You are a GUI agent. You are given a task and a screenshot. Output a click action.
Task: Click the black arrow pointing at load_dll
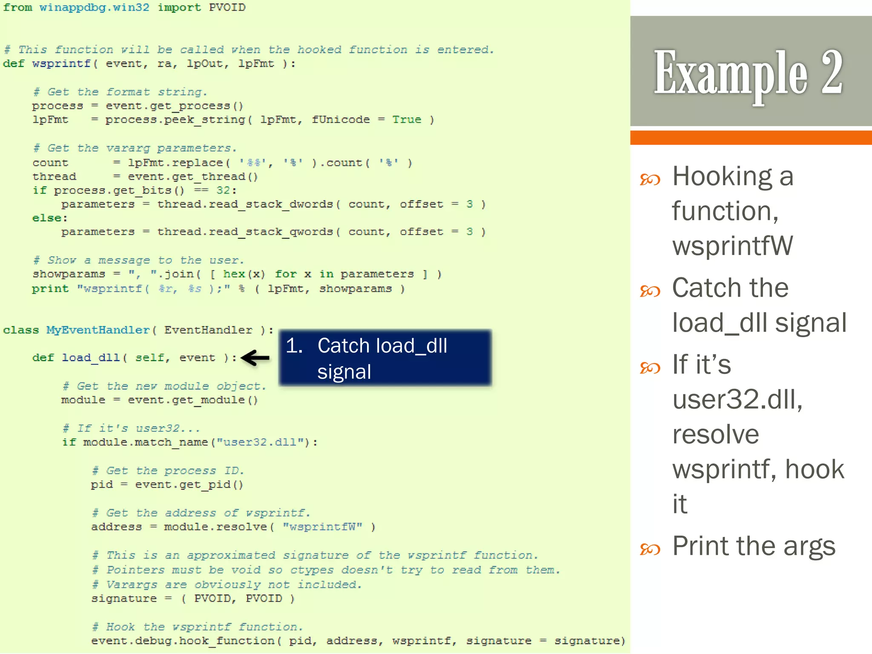point(255,358)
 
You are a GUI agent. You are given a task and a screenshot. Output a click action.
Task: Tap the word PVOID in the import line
point(227,8)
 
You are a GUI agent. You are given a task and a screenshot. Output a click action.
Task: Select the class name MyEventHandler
point(98,330)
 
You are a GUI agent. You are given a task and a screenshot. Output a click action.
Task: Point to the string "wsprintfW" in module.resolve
point(323,527)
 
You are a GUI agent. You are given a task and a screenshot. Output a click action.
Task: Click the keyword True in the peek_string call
point(407,120)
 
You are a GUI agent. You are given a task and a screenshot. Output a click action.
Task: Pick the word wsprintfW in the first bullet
point(732,246)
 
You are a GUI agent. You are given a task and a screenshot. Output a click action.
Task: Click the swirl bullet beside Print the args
point(650,550)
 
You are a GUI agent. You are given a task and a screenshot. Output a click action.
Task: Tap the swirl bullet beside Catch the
point(650,291)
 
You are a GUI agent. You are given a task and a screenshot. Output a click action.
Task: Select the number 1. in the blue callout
point(294,346)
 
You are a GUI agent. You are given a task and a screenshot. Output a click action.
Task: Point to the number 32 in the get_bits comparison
point(223,190)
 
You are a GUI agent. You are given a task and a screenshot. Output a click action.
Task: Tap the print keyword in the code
point(50,289)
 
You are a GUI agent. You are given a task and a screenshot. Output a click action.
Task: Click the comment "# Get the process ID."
point(168,470)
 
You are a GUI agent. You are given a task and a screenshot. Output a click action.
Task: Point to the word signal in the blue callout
point(344,372)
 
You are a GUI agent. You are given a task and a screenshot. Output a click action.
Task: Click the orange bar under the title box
point(751,138)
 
